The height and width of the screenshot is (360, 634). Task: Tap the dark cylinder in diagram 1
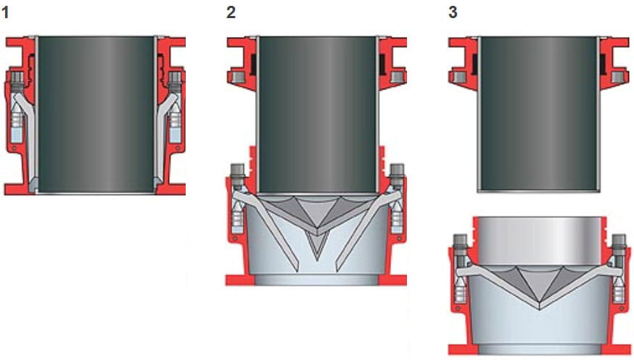coord(96,112)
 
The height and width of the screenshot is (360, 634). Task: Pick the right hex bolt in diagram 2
coord(397,173)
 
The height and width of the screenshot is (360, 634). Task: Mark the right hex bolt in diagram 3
coord(619,242)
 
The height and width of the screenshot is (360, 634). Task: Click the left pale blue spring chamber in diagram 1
coord(17,131)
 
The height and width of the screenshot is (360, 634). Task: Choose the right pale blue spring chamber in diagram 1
coord(175,131)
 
